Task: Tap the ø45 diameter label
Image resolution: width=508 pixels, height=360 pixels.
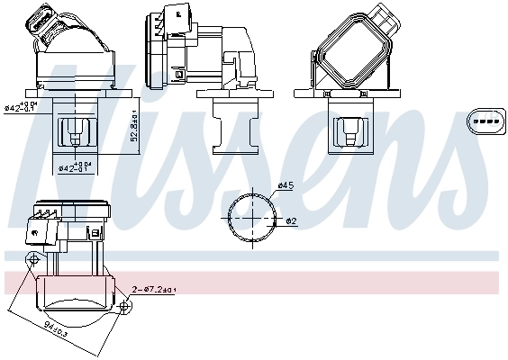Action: click(286, 185)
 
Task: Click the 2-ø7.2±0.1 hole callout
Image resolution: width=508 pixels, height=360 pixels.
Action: click(156, 290)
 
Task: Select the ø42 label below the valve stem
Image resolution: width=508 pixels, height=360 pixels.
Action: click(75, 166)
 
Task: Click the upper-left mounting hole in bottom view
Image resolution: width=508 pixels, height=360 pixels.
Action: click(33, 260)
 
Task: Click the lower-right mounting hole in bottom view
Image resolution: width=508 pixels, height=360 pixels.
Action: click(123, 307)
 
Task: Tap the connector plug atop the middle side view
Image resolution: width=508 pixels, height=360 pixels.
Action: click(178, 18)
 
